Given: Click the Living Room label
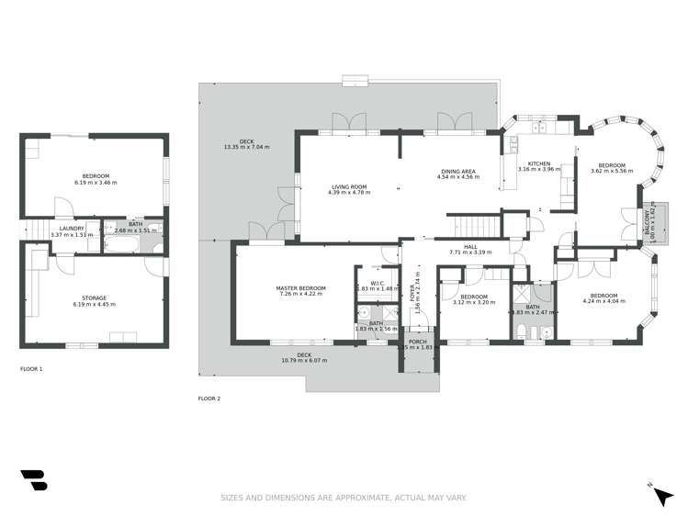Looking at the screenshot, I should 349,187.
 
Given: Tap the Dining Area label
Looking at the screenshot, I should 458,170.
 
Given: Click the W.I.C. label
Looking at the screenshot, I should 376,283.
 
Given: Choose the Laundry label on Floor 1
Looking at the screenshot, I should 72,229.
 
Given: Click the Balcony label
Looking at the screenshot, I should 649,220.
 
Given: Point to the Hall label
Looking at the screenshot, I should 469,246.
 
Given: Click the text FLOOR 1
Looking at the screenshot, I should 31,369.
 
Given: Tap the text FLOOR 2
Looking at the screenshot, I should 209,398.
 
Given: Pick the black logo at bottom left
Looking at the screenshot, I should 32,482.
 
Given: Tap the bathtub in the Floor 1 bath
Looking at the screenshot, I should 119,241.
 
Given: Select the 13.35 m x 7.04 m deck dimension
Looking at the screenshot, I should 246,147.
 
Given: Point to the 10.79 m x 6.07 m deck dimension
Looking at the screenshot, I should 304,360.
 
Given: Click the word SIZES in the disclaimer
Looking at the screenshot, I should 232,498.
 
